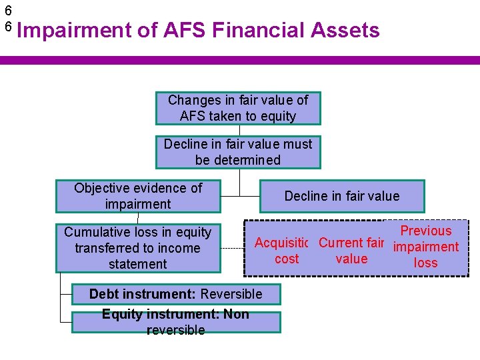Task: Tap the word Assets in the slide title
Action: click(x=345, y=30)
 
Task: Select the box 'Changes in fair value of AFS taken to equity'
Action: click(x=238, y=108)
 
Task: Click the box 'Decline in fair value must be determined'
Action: click(x=238, y=152)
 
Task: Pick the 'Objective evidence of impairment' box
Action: click(x=138, y=196)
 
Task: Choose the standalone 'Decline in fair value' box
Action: click(x=342, y=196)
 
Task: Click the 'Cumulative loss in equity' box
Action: click(x=138, y=248)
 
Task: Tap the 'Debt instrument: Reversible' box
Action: click(x=176, y=294)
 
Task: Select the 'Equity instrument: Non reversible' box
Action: click(x=176, y=322)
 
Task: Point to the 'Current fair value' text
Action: click(x=351, y=251)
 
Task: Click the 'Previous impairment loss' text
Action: click(x=426, y=247)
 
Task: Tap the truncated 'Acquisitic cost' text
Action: click(x=287, y=251)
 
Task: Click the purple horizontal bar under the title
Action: click(x=240, y=60)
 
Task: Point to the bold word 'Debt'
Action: click(x=104, y=294)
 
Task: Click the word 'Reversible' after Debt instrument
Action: click(x=231, y=294)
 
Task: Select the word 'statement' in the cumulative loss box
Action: click(x=138, y=264)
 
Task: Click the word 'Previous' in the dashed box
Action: click(x=426, y=231)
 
